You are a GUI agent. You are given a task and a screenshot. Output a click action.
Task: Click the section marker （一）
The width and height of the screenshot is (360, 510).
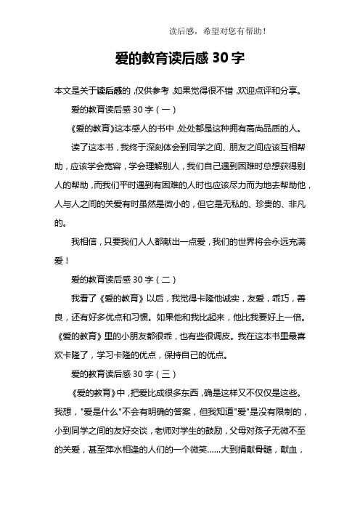click(x=155, y=110)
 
